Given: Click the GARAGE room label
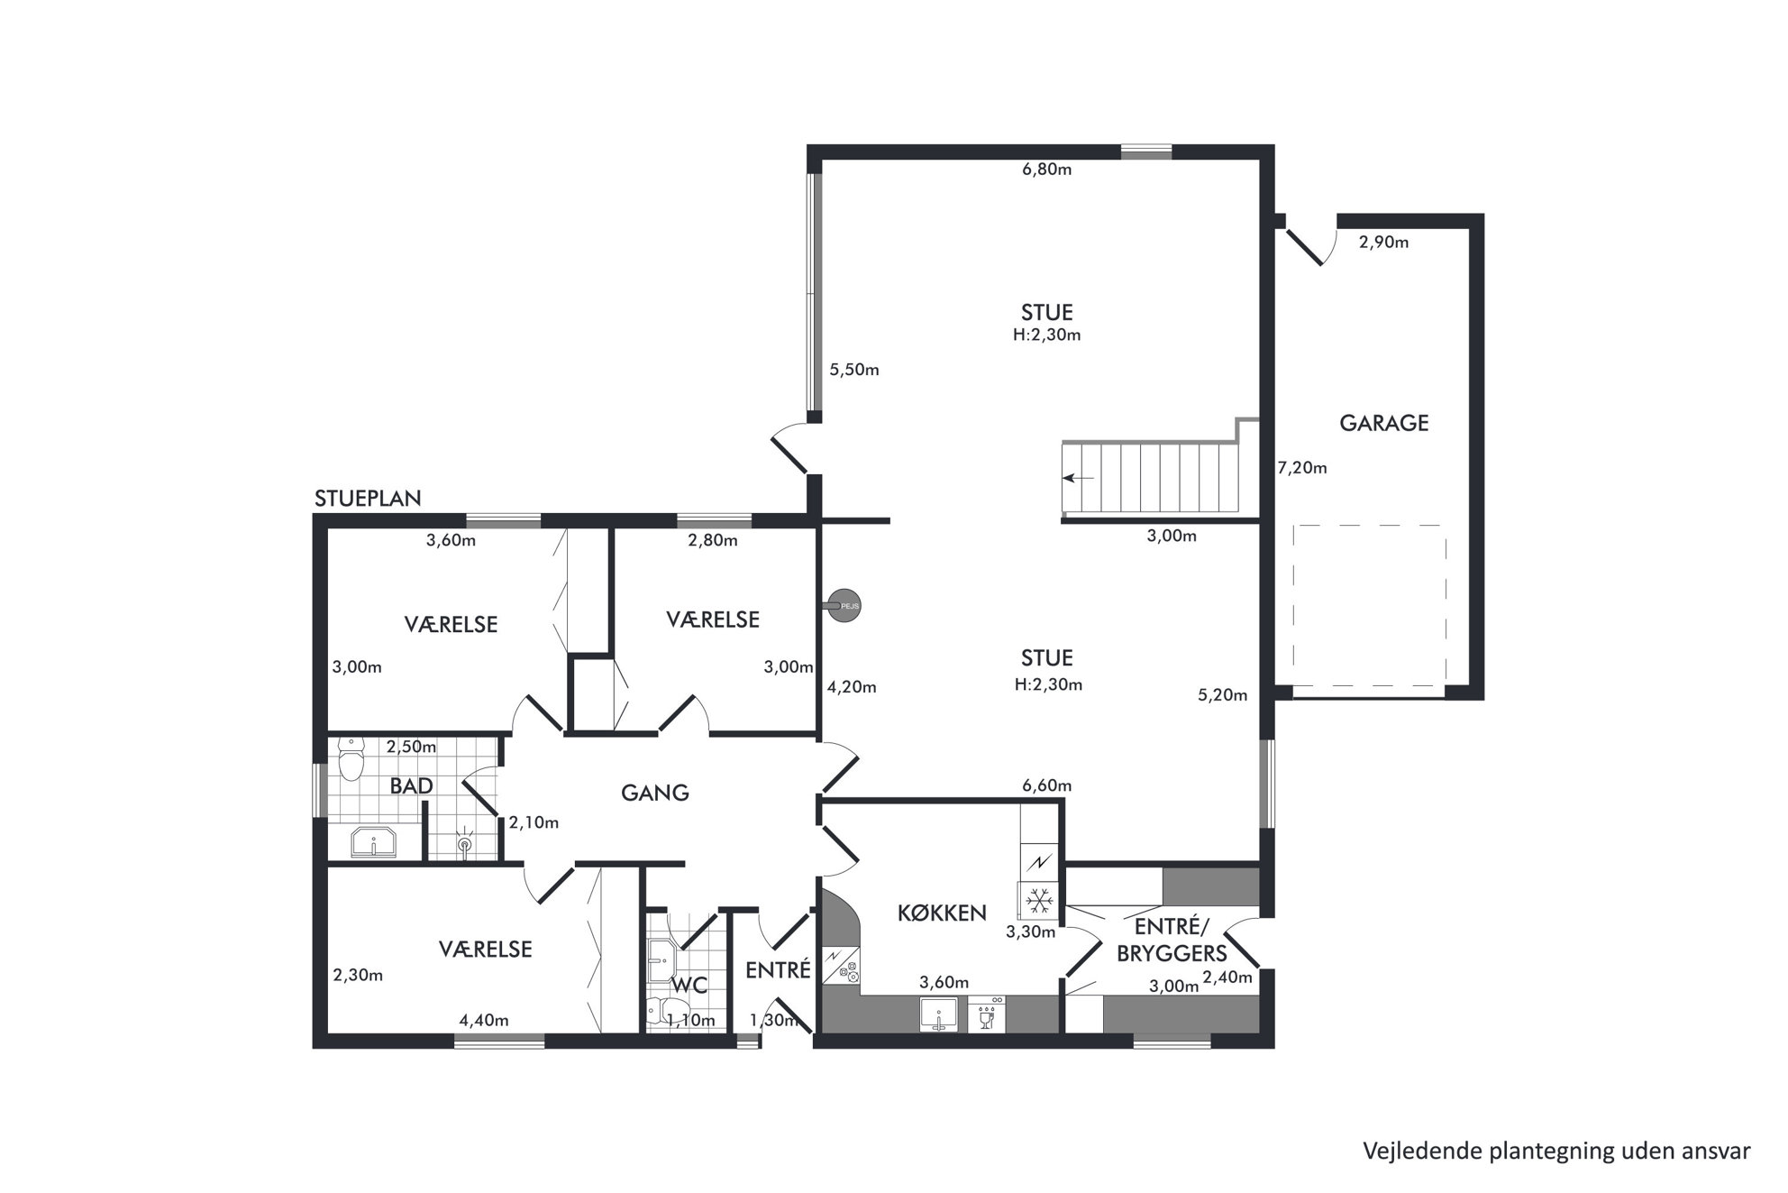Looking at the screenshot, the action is tap(1383, 423).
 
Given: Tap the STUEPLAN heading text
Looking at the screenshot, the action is tap(368, 499).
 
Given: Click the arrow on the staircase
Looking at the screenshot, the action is tap(1078, 478).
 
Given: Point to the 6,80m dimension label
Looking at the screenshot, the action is tap(1046, 170).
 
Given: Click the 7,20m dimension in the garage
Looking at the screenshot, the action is tap(1302, 468).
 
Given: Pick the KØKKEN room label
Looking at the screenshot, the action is tap(942, 913).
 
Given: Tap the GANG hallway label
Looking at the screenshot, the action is tap(655, 793).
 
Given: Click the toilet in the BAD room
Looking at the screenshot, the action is tap(351, 758).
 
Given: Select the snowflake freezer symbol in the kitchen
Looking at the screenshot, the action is tap(1041, 900).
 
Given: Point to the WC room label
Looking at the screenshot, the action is tap(689, 986).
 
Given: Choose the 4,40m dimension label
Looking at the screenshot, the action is tap(484, 1021).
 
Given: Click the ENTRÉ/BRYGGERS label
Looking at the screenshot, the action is tap(1172, 940).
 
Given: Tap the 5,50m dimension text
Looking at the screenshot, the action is tap(854, 370).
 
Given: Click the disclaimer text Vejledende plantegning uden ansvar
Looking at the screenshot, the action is tap(1556, 1152).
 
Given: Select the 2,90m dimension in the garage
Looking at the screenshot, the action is tap(1383, 243).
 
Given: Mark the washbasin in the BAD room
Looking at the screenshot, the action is tap(373, 842).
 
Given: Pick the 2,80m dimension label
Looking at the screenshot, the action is tap(713, 541).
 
